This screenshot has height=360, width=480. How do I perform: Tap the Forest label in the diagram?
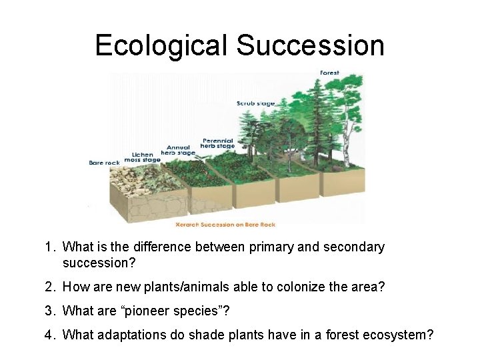(329, 73)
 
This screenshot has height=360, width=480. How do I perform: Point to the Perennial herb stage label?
(214, 143)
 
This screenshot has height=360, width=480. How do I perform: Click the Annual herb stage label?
(178, 150)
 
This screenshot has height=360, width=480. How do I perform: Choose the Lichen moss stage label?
(142, 157)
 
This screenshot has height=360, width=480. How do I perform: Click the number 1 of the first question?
(49, 247)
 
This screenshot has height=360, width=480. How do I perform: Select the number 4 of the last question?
(49, 334)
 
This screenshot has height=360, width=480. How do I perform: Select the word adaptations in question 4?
(128, 334)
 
